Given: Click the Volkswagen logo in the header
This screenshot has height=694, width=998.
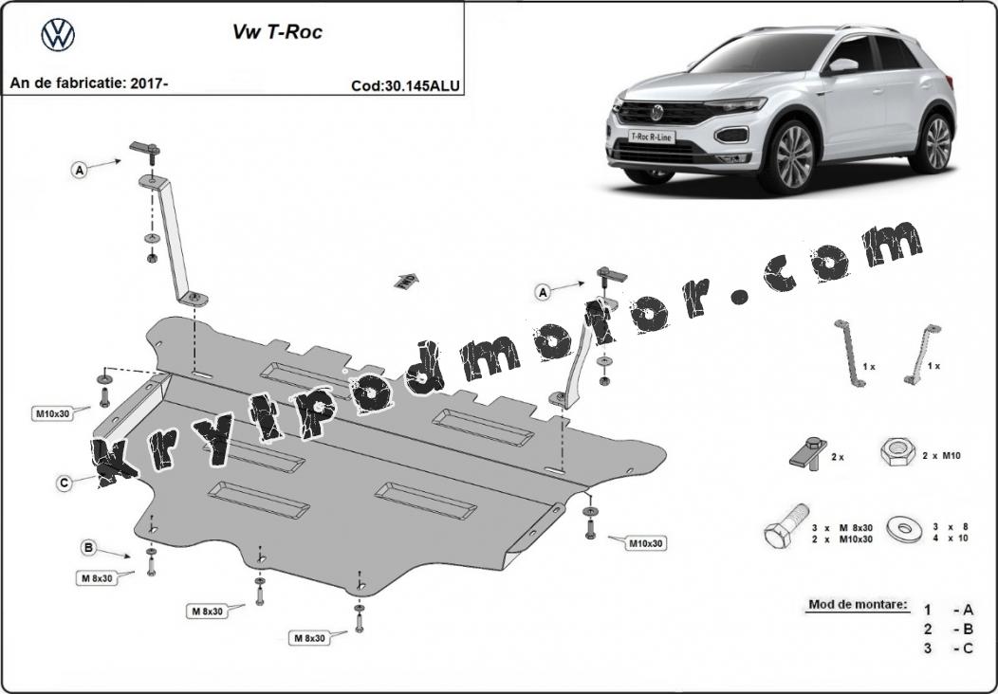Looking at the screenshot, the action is [58, 34].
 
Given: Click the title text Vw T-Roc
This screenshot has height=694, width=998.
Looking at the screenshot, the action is [278, 32].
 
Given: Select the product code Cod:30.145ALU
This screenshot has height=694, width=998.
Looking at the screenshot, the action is [405, 86].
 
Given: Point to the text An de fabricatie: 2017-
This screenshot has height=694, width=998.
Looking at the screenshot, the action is [89, 82].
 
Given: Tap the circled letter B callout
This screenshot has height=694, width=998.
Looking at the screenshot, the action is [89, 547].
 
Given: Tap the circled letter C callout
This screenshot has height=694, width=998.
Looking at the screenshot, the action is [64, 484].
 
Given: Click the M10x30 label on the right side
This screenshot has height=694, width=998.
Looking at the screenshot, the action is [646, 543].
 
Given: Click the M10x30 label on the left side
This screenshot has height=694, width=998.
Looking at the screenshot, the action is [53, 414].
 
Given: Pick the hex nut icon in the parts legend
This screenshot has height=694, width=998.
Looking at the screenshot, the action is [897, 452].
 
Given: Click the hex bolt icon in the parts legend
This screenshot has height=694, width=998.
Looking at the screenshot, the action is [786, 526].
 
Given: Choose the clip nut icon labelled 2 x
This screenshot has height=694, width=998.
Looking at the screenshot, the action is [808, 453].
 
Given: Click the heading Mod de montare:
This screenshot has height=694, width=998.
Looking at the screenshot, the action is [858, 604].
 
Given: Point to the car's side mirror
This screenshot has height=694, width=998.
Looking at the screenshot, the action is [841, 65].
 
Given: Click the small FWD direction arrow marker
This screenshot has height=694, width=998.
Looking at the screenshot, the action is [407, 280].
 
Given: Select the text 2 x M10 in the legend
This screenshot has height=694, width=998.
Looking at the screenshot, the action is [942, 455].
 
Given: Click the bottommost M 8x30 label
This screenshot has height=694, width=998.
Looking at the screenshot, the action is [309, 637].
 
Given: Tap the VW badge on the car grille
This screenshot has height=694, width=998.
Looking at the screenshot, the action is [656, 113].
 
